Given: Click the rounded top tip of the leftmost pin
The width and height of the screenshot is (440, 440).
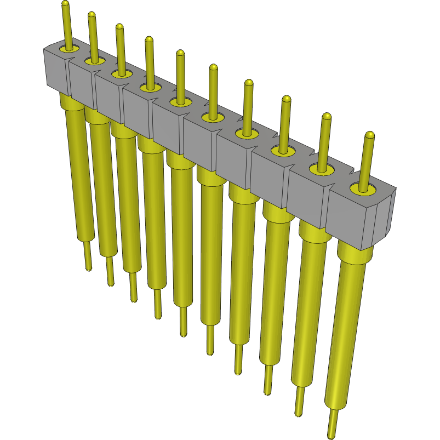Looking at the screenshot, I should tap(65, 4).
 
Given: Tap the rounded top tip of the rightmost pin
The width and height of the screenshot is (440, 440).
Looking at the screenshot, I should tap(370, 135).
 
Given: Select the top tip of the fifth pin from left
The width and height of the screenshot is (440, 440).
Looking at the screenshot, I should tap(180, 53).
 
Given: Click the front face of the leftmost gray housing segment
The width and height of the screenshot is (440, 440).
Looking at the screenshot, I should tap(56, 71).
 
